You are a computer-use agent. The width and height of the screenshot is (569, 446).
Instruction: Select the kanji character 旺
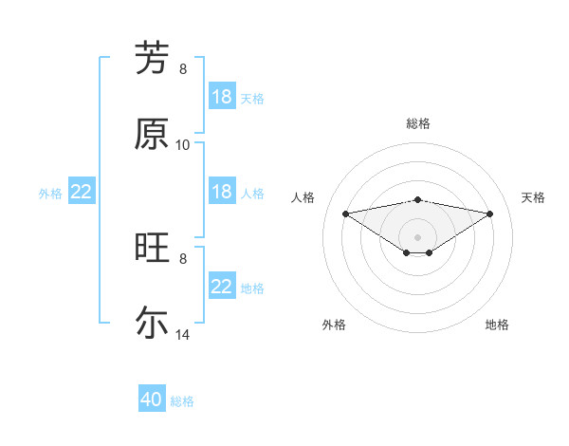[153, 248]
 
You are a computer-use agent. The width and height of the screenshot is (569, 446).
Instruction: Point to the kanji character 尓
[153, 323]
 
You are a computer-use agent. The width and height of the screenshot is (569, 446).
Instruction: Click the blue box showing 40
[152, 400]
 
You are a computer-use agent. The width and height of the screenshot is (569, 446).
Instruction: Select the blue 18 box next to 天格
[222, 97]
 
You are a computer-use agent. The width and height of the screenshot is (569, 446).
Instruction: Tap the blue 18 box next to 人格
[222, 192]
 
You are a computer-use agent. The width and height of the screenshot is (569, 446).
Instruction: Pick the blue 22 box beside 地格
[222, 287]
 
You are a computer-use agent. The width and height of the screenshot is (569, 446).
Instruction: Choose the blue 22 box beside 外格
[82, 192]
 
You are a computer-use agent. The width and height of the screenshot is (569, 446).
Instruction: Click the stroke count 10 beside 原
[183, 144]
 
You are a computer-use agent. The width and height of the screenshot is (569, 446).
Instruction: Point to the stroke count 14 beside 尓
[183, 335]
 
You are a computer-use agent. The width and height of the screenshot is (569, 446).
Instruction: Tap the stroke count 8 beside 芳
[183, 68]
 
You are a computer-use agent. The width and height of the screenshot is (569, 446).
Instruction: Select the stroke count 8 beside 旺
[183, 258]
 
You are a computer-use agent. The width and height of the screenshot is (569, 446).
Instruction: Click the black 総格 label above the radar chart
[418, 123]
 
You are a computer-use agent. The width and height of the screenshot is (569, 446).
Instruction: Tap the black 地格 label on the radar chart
[497, 325]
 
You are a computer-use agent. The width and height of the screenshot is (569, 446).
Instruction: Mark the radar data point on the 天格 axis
[490, 214]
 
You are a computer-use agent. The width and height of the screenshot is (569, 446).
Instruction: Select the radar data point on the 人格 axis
[345, 214]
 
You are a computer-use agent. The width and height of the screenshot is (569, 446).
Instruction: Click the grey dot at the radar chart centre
[418, 236]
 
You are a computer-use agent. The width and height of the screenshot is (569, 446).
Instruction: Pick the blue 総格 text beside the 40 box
[182, 401]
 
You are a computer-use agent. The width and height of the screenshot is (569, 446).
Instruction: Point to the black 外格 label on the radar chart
[334, 325]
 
